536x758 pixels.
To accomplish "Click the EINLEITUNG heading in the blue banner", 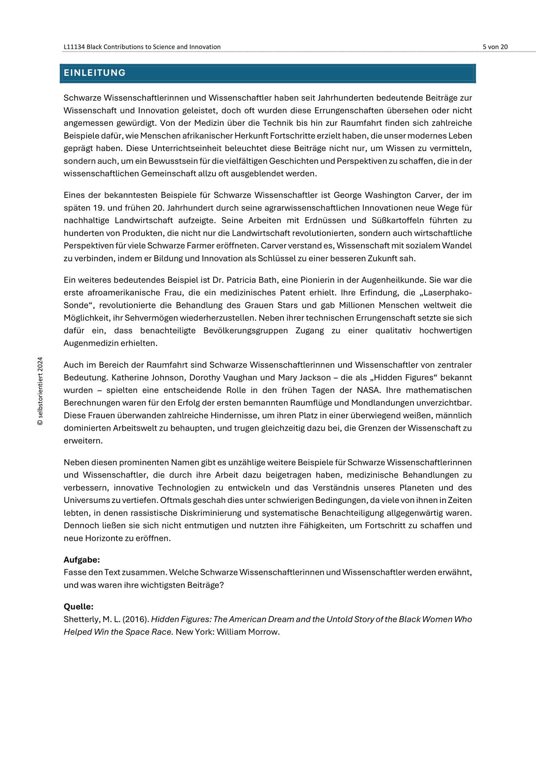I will (x=95, y=73).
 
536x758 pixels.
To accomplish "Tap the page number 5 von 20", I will (x=495, y=47).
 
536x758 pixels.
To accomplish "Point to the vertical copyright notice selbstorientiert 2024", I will (x=40, y=391).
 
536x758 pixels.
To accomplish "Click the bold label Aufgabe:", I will (x=82, y=560).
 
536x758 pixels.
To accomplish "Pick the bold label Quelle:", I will (x=78, y=607).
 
